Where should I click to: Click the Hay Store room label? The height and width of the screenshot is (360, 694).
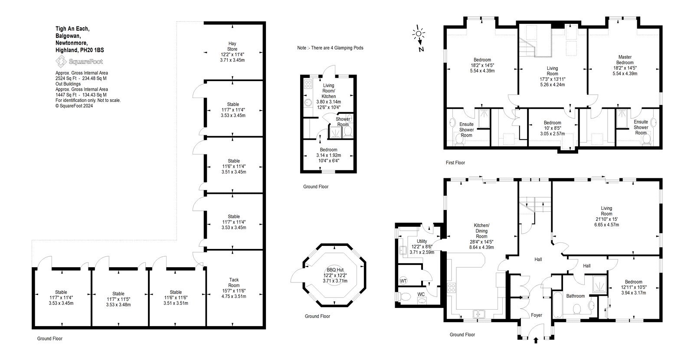tap(232, 46)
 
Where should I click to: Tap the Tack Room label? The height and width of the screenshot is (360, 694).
tap(234, 282)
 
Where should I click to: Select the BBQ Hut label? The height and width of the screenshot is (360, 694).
tap(335, 270)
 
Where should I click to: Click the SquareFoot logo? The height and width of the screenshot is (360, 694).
tap(79, 61)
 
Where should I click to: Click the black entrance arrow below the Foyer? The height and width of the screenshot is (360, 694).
tap(536, 340)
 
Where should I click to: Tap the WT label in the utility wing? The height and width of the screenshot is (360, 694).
tap(403, 281)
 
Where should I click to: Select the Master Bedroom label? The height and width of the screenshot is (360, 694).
tap(625, 60)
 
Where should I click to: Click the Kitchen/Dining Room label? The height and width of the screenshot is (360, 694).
tap(481, 231)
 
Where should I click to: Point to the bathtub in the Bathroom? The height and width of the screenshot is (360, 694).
tap(557, 305)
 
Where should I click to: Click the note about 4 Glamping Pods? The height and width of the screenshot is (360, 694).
tap(330, 48)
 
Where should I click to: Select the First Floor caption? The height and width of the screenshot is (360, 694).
tap(455, 162)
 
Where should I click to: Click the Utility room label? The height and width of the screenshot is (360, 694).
tap(422, 241)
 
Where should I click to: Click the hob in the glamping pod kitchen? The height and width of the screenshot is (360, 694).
tap(308, 84)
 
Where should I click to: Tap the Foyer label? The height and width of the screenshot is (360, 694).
tap(536, 315)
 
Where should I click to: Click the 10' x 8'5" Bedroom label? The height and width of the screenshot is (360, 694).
tap(553, 128)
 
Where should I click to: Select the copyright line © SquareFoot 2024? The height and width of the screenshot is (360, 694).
tap(74, 106)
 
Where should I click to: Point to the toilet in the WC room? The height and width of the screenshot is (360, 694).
tap(404, 297)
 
